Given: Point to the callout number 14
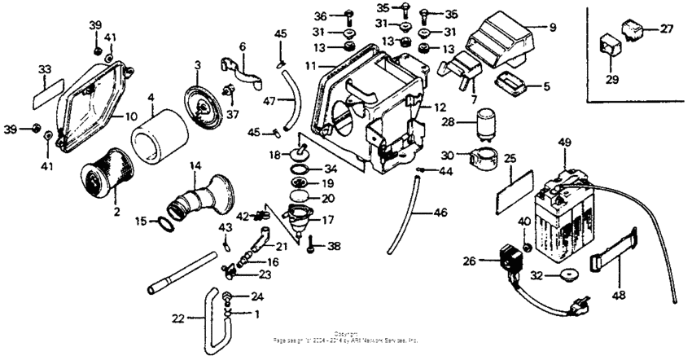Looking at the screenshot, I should [195, 165].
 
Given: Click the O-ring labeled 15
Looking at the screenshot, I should [169, 223].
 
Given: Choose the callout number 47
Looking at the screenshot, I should [269, 100].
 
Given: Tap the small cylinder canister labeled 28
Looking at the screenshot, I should [487, 123].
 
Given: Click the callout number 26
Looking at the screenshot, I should [469, 261].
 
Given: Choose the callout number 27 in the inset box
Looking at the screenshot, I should [667, 29].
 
